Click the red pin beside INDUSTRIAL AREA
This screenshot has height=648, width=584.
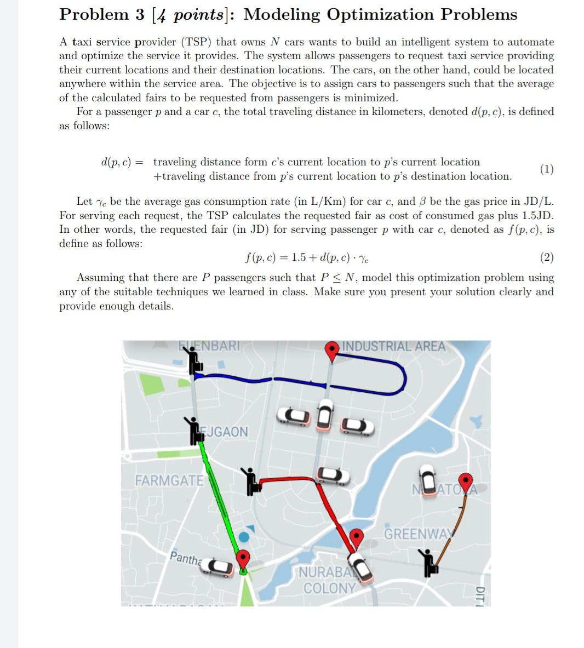332,351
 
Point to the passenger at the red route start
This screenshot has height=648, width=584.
250,481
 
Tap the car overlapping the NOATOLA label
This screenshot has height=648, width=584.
427,479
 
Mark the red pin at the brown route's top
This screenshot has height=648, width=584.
465,482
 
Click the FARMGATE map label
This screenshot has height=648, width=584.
169,481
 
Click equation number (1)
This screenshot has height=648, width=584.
546,169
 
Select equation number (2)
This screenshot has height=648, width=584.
546,257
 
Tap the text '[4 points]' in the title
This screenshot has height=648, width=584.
194,14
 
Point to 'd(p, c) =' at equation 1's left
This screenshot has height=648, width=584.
122,162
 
